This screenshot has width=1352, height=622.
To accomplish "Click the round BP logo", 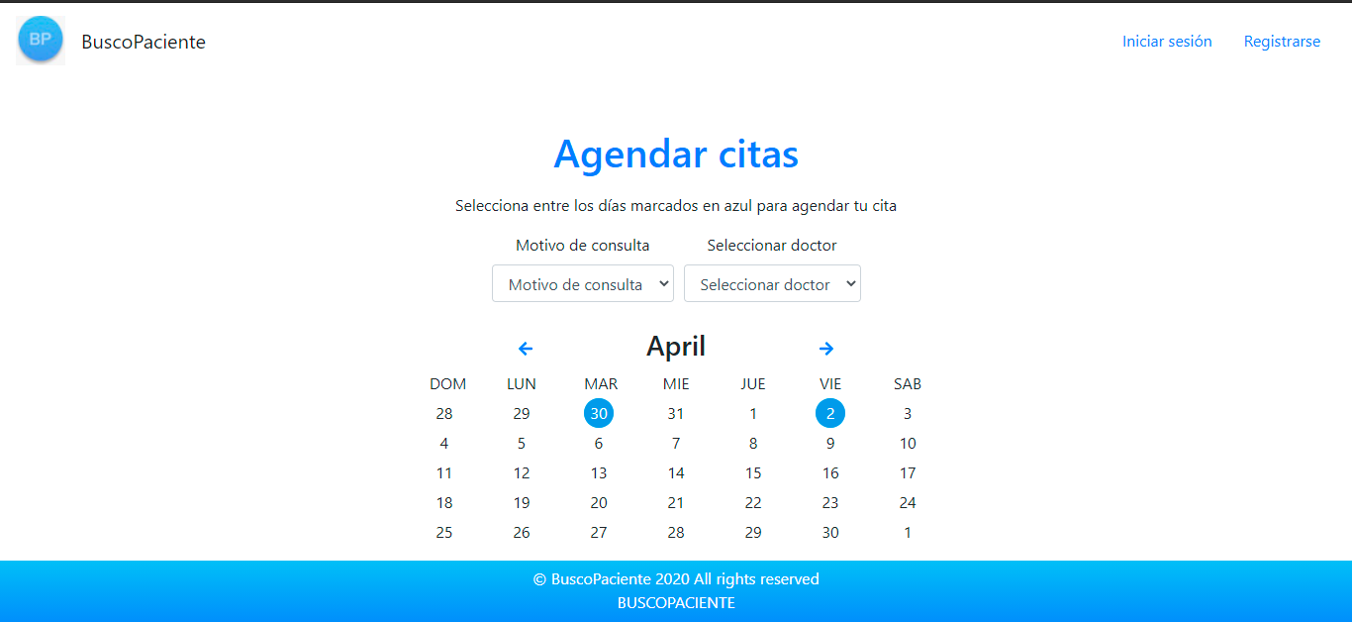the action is (x=41, y=40).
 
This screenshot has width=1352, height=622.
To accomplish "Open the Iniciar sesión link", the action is (x=1167, y=41).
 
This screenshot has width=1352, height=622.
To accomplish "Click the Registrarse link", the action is (x=1282, y=41).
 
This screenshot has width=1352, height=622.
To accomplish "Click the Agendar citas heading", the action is (x=676, y=155).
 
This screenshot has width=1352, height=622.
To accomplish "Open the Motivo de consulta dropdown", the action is (x=582, y=283).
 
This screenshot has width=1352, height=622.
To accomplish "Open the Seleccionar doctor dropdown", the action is (x=772, y=283).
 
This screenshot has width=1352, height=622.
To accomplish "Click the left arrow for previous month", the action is (x=526, y=349).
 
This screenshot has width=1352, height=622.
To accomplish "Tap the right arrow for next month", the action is (x=826, y=349).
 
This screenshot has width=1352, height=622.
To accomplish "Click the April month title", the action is (x=676, y=347).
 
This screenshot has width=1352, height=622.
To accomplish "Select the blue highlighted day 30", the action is (x=599, y=413).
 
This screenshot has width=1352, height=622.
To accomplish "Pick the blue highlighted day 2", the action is (x=830, y=413).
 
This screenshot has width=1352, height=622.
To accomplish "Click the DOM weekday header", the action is (x=447, y=384).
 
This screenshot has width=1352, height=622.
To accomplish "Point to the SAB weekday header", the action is (x=908, y=384).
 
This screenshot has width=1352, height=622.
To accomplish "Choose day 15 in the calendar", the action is (x=753, y=472).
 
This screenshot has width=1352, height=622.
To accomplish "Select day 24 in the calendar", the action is (x=908, y=502).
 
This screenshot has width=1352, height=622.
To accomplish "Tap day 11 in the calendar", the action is (x=444, y=472).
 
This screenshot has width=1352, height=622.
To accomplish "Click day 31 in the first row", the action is (x=676, y=414).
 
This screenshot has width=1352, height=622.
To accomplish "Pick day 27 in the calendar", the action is (x=599, y=532).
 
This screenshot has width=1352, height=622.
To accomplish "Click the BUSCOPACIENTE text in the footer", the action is (x=676, y=602).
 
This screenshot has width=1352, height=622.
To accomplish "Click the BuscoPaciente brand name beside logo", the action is (x=144, y=42).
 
